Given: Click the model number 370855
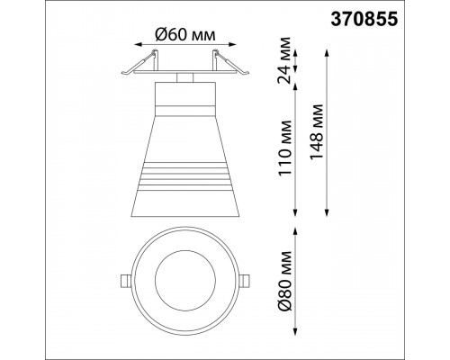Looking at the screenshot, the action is coord(364,20).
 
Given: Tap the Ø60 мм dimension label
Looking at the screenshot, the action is coord(185,35).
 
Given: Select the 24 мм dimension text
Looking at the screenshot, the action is coord(284,60).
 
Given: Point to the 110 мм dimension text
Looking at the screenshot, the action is coord(284,148).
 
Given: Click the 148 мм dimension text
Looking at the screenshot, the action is coord(317,132).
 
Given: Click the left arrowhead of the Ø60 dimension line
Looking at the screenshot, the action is coord(139,44).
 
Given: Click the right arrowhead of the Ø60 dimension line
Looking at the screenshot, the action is coord(232,44).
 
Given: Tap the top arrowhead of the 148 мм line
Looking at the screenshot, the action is coord(327,53).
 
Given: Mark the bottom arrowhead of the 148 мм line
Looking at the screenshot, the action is coord(327,211).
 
